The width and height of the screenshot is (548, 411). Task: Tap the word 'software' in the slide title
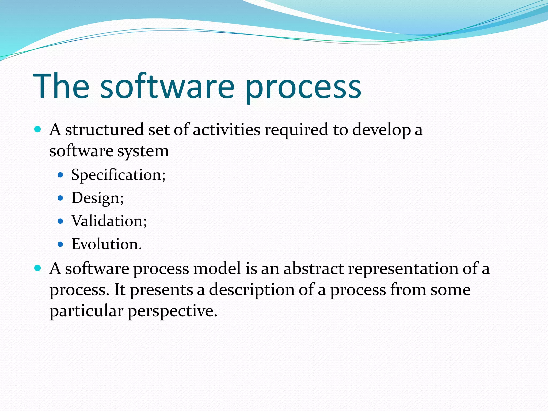tap(167, 86)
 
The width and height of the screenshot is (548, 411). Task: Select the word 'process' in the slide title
tap(303, 88)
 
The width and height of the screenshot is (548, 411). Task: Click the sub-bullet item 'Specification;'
tap(118, 175)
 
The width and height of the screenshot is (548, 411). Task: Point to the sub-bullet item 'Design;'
tap(97, 198)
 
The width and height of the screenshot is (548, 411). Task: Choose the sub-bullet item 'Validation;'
tap(109, 221)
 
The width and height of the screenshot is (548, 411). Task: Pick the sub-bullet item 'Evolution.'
tap(106, 244)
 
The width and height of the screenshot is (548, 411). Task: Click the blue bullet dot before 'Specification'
tap(60, 175)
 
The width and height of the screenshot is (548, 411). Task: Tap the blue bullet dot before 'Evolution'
tap(60, 244)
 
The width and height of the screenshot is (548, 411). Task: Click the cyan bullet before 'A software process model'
tap(38, 268)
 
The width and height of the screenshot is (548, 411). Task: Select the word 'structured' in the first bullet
tap(105, 130)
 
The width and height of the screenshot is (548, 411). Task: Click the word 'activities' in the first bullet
tap(226, 130)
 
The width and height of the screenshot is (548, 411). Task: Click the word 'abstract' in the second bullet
tap(313, 269)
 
